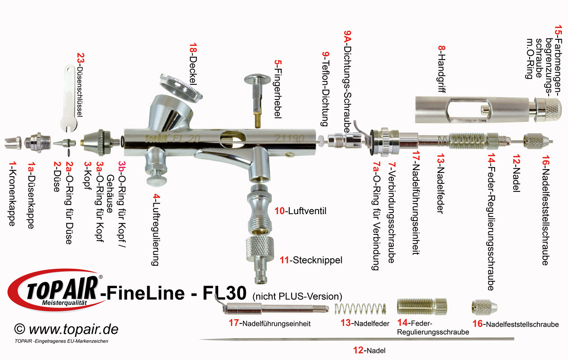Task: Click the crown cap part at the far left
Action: click(13, 141)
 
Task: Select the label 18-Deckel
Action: click(193, 66)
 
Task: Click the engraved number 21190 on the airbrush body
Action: click(289, 138)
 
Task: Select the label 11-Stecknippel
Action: click(311, 260)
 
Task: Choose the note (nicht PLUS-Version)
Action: click(297, 296)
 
